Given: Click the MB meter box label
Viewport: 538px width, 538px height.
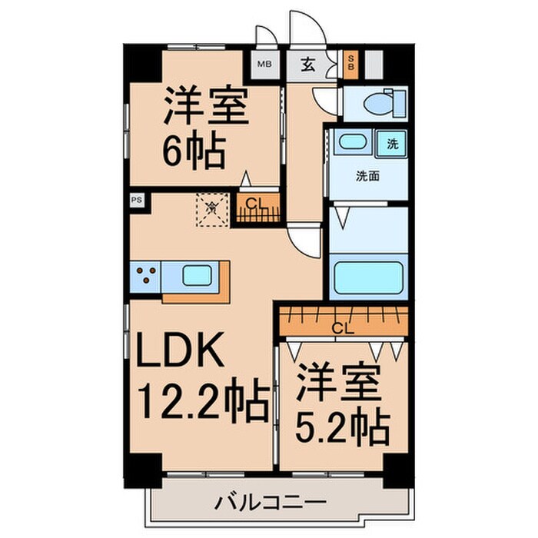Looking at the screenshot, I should [264, 65].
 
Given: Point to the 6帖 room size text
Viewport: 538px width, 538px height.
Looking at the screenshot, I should [193, 151].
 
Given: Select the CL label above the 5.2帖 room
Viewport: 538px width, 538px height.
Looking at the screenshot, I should [343, 329].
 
